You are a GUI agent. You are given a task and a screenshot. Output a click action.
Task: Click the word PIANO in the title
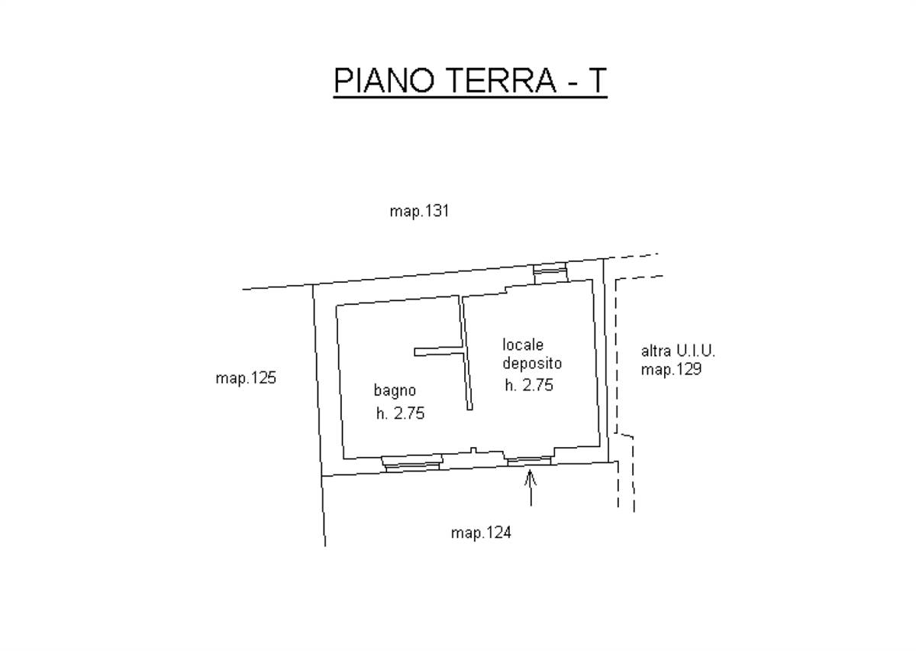coord(384,80)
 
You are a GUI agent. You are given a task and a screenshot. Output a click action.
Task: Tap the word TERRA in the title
coord(502,80)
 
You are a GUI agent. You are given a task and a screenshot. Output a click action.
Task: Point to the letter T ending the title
coord(596,80)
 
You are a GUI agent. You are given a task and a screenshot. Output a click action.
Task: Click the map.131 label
coord(419,212)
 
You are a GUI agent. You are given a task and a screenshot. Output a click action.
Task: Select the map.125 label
coord(246,378)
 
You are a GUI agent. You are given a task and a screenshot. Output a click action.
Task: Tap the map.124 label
coord(481,533)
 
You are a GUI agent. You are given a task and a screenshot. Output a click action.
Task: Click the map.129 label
coord(671,370)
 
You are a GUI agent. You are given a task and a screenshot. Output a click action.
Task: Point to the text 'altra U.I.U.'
coord(678,351)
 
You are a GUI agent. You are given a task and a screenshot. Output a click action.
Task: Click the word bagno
coord(395,391)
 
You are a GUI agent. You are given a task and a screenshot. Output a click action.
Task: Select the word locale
coord(523,345)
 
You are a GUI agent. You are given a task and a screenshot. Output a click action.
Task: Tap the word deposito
coord(532,364)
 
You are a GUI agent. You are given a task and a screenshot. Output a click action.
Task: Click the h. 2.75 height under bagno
coord(400,413)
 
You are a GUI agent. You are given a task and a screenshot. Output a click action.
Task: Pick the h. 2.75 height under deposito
coord(529,385)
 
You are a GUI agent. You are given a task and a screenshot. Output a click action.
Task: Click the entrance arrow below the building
coord(531,487)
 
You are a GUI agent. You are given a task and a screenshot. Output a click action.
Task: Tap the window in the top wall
coord(551,273)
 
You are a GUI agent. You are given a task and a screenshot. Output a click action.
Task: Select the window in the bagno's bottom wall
coord(412,464)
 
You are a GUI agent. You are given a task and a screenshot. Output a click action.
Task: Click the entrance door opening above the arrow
coord(530,462)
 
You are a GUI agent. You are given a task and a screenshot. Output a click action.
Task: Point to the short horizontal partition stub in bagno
coord(438,351)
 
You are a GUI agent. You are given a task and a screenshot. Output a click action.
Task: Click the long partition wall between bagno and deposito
coord(466,352)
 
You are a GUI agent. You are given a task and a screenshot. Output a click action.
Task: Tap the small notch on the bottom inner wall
coord(473,450)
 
